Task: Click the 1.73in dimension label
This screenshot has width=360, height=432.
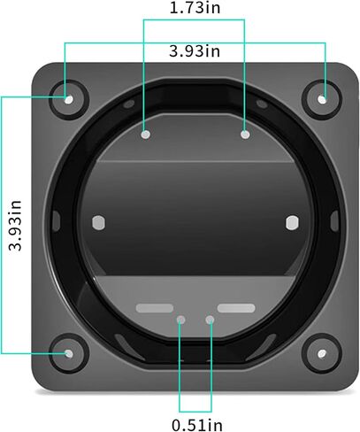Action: pyautogui.click(x=195, y=8)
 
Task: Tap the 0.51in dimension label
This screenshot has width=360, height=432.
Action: pyautogui.click(x=197, y=425)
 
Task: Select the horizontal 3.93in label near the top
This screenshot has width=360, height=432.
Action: pyautogui.click(x=195, y=51)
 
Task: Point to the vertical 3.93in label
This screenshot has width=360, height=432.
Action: pyautogui.click(x=15, y=226)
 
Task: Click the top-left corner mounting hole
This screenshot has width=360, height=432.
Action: pyautogui.click(x=69, y=100)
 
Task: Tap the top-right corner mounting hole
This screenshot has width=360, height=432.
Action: pyautogui.click(x=322, y=100)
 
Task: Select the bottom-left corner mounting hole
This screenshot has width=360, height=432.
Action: pyautogui.click(x=69, y=353)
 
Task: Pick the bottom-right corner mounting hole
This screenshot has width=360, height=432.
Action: pyautogui.click(x=322, y=353)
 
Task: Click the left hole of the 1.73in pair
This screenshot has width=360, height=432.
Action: pyautogui.click(x=146, y=135)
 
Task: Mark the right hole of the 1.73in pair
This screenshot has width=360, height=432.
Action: pyautogui.click(x=245, y=135)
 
